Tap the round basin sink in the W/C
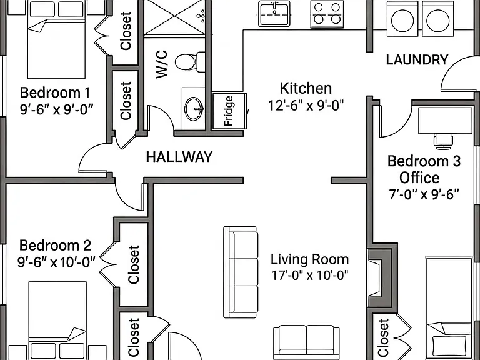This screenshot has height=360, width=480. tap(194, 109)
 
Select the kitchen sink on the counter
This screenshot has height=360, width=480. tap(274, 14)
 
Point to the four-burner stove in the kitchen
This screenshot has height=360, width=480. tap(327, 14)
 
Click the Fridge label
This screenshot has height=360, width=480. tap(229, 111)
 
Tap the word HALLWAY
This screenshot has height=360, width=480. tap(179, 157)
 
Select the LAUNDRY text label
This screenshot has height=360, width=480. tap(417, 60)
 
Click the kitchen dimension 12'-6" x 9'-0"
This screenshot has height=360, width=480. tap(306, 106)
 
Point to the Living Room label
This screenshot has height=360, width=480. tap(310, 259)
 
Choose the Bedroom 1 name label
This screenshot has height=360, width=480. tap(55, 92)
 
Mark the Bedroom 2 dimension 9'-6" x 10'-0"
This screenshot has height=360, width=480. tap(56, 262)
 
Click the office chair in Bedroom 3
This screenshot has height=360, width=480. tap(443, 141)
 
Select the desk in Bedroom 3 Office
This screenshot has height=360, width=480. tap(445, 120)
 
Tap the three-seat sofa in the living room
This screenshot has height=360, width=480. tap(241, 272)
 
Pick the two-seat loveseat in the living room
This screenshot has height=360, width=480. tap(306, 342)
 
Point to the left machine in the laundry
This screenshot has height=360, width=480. tap(402, 18)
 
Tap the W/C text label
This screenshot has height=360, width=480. tap(162, 64)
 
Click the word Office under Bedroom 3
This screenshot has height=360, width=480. tap(419, 177)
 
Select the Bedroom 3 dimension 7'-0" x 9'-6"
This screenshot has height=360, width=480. tap(424, 194)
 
